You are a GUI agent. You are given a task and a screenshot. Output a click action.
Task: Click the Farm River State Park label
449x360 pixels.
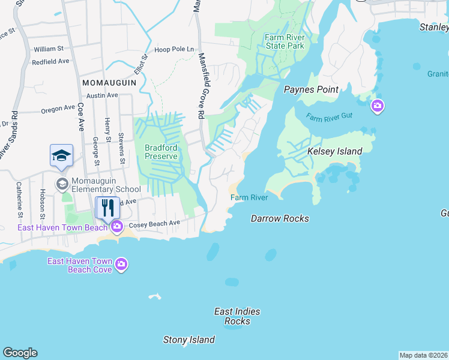point(285,41)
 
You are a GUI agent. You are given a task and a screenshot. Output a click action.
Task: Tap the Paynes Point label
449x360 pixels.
point(311,90)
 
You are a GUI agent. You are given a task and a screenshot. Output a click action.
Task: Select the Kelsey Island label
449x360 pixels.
point(334,152)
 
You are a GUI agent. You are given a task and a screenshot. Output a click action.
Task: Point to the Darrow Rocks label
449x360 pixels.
point(280,218)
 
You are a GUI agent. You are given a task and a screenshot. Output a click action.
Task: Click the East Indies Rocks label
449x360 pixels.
point(237,316)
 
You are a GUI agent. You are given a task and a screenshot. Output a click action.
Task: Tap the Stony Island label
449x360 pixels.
point(189,340)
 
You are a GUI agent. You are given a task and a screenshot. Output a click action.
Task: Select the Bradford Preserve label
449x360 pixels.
point(161,151)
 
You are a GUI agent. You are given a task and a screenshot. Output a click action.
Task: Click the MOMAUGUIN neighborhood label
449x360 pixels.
point(109,82)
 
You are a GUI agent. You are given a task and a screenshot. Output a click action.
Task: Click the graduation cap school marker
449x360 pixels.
point(61,156)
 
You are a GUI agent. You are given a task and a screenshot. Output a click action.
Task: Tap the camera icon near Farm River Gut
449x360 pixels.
point(377,107)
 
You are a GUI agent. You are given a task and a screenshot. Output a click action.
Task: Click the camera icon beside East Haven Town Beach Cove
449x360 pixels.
point(122,265)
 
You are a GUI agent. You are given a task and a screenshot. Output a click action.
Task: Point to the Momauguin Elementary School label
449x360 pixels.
point(98,185)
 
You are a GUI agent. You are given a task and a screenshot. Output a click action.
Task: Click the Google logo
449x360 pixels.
point(20,353)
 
